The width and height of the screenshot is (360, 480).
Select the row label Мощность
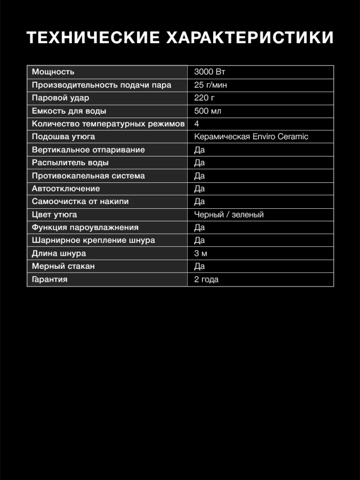[53, 72]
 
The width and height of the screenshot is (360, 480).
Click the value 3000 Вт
[209, 72]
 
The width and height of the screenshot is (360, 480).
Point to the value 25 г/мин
[211, 85]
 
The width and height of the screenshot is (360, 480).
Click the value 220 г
[204, 98]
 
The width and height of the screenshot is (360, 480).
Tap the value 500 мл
[207, 111]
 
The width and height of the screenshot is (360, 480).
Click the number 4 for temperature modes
[197, 124]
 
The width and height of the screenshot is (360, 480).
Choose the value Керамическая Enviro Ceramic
[251, 137]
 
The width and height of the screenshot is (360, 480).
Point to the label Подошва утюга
[63, 137]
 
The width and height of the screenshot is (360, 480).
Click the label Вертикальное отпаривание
[88, 150]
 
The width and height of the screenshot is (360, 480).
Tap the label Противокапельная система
[88, 176]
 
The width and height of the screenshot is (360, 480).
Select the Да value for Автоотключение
[200, 189]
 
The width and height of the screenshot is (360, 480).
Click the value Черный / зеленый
[229, 215]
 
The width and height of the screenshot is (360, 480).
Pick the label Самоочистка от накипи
[80, 202]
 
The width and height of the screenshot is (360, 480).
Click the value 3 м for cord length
[201, 253]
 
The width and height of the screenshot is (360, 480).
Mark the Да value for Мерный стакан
[200, 266]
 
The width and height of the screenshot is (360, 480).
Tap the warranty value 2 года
[206, 279]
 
